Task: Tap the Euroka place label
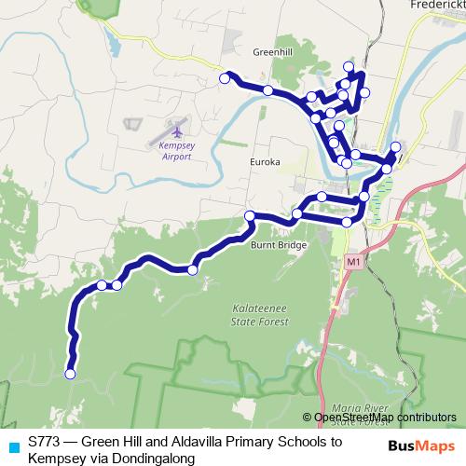click(x=265, y=162)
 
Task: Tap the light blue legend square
click(x=11, y=445)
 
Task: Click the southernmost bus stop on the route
click(x=69, y=374)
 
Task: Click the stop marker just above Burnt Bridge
click(x=250, y=216)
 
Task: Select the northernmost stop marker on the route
click(x=349, y=66)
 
